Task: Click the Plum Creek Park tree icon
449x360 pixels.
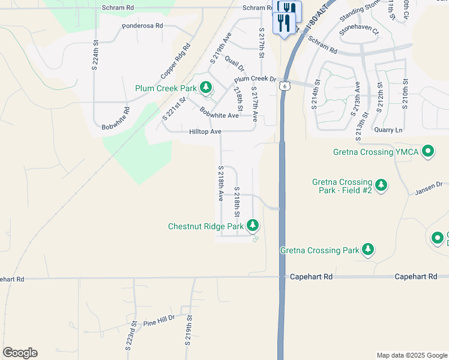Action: coord(206,89)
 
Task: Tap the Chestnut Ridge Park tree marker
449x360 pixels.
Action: coord(253,226)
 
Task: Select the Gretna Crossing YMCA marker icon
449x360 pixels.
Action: coord(428,152)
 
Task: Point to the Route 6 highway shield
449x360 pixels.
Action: coord(283,86)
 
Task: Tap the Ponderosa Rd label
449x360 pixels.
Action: coord(142,26)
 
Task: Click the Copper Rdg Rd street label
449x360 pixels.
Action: coord(175,62)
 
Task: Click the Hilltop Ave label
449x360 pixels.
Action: coord(205,131)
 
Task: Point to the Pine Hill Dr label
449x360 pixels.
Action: coord(158,323)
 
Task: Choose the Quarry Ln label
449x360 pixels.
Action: coord(388,130)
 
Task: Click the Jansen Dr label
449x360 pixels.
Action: coord(428,188)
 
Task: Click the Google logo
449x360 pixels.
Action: coord(20,353)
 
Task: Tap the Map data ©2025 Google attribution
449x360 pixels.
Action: coord(411,355)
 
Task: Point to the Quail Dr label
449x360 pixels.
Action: coord(234,62)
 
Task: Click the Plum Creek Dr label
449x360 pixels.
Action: coord(255,79)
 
